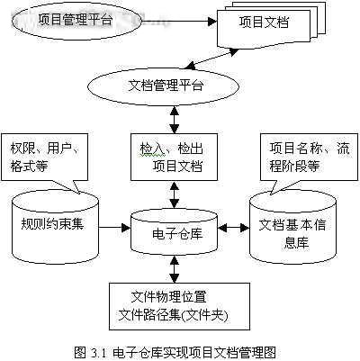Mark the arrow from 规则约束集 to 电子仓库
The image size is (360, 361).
pos(114,227)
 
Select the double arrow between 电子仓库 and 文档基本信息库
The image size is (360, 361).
pos(234,229)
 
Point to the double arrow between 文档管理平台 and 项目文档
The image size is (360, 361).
pos(211,59)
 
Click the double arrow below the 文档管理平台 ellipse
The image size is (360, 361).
pos(175,120)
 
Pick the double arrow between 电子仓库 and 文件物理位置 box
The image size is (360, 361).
pos(175,269)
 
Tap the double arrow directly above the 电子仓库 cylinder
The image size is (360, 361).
pos(175,195)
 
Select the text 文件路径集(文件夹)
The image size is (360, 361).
pos(173,315)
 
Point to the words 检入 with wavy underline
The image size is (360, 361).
pos(152,149)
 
